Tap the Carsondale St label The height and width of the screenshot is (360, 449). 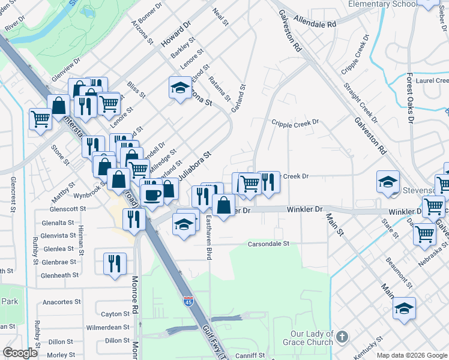pos(270,244)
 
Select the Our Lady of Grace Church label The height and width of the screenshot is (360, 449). pos(312,338)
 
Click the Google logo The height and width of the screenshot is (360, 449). pos(20,353)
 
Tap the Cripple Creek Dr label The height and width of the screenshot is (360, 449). pos(295,122)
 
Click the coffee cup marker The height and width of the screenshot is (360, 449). pos(151,194)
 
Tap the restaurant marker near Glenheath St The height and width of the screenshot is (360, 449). pos(114,263)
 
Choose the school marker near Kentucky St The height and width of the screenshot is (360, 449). pos(404,308)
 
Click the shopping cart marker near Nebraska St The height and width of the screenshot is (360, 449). pos(424,233)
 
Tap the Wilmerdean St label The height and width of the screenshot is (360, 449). pos(108,327)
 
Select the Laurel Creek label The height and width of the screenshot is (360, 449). pos(432,80)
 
